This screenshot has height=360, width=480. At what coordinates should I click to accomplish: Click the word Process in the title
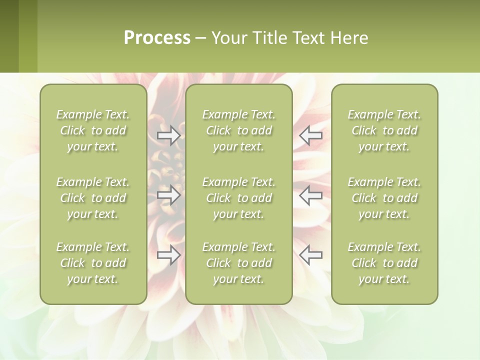point(157,38)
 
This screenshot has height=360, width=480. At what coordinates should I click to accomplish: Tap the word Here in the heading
point(349,38)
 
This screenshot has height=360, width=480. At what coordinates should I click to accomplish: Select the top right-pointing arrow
point(169,135)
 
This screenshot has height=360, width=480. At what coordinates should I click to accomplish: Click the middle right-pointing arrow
point(169,195)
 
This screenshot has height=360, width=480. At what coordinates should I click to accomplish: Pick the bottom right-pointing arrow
point(169,255)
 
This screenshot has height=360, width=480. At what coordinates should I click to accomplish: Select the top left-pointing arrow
point(311,134)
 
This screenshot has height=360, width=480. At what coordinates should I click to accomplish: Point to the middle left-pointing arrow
point(311,195)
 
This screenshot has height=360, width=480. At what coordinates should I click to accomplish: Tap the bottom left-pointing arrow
point(311,254)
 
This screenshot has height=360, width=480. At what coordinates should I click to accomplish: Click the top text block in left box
point(93,130)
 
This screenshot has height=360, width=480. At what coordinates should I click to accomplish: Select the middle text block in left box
point(93,198)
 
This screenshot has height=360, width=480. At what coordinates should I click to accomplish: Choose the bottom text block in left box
point(93,263)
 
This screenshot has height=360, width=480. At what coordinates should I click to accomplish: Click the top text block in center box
point(239,130)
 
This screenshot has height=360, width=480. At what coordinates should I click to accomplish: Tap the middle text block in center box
point(239,198)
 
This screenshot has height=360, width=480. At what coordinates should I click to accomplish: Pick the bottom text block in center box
point(239,263)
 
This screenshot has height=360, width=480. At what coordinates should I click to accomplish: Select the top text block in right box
point(384,130)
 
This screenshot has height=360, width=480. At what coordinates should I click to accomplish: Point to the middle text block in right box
point(384,198)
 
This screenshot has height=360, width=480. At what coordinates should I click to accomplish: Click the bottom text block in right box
point(384,263)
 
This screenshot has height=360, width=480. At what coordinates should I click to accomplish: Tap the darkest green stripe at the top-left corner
point(9,36)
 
